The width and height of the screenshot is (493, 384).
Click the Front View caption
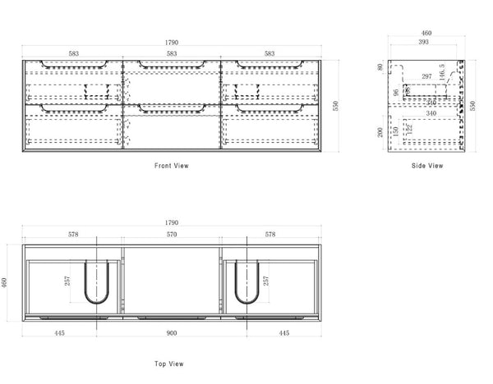(x=172, y=166)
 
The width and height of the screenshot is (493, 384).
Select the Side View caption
(x=427, y=166)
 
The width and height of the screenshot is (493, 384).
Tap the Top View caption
(x=169, y=362)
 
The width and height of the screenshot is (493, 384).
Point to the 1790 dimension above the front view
(x=171, y=42)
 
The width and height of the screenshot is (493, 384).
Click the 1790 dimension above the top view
(x=171, y=222)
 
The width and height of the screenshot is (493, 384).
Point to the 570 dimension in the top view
(x=171, y=235)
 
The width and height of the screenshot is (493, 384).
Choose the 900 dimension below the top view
(x=171, y=334)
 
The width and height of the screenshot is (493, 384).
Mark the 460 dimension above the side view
(x=426, y=34)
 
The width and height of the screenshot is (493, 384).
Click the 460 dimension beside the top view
(x=7, y=281)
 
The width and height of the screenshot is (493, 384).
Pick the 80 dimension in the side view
(x=381, y=68)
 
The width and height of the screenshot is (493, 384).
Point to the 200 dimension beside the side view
(x=381, y=133)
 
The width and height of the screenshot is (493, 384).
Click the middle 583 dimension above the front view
(x=171, y=53)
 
